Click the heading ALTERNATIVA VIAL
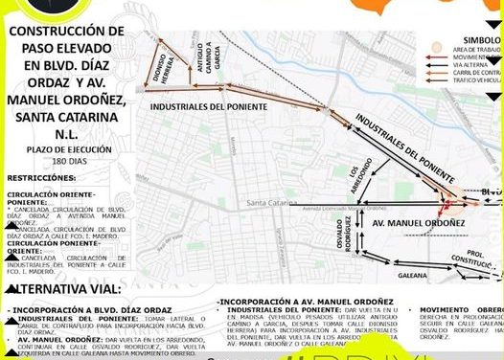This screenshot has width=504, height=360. [x=64, y=287]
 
